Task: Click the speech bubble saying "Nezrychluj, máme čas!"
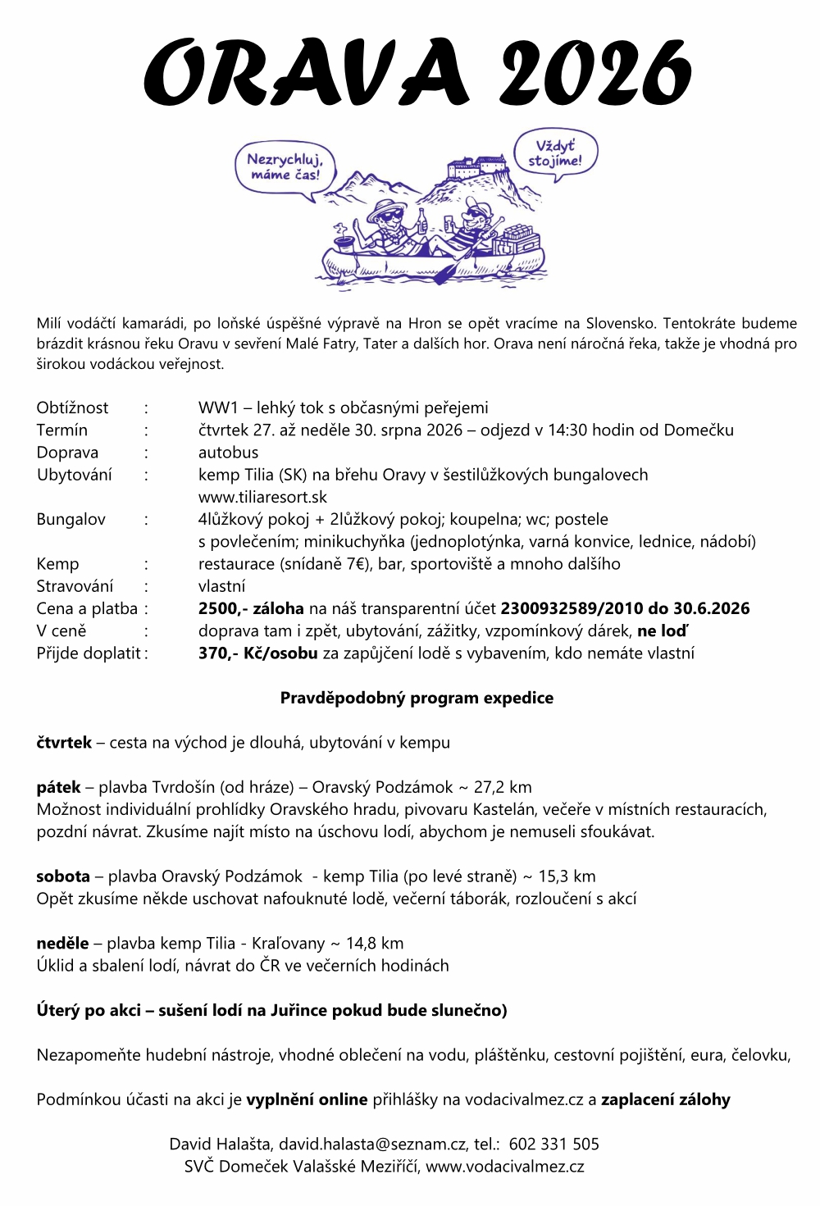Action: point(285,167)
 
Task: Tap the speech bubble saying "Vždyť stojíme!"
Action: point(555,153)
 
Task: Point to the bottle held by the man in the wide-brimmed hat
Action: point(422,221)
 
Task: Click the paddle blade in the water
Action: point(445,273)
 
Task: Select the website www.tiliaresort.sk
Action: point(262,497)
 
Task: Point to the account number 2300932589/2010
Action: point(572,608)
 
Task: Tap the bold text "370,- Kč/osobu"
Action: point(257,653)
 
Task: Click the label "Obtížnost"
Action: point(72,407)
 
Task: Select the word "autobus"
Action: point(228,452)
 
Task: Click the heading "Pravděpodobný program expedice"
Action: point(417,698)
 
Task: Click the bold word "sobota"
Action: point(63,876)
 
